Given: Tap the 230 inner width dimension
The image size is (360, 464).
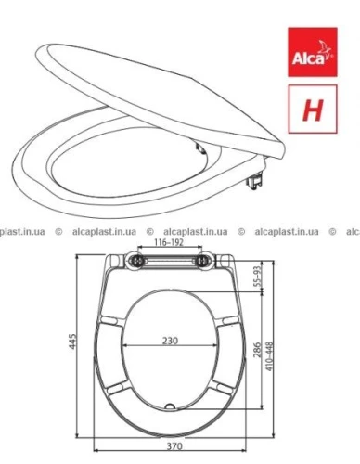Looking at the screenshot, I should (170, 340).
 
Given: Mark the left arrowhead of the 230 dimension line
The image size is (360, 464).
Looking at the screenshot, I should (126, 346).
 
